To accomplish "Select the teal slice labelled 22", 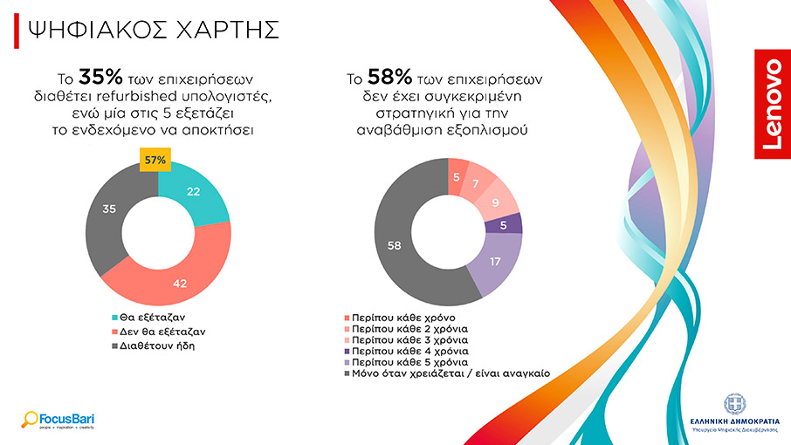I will click(194, 192).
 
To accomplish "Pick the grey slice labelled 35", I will click(109, 209).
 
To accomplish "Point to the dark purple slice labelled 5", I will click(504, 224).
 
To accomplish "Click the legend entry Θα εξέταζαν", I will click(150, 318).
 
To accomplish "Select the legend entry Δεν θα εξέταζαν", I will click(157, 332).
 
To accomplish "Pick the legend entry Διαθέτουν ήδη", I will click(152, 345).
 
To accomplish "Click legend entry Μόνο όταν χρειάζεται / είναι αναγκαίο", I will click(444, 373).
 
